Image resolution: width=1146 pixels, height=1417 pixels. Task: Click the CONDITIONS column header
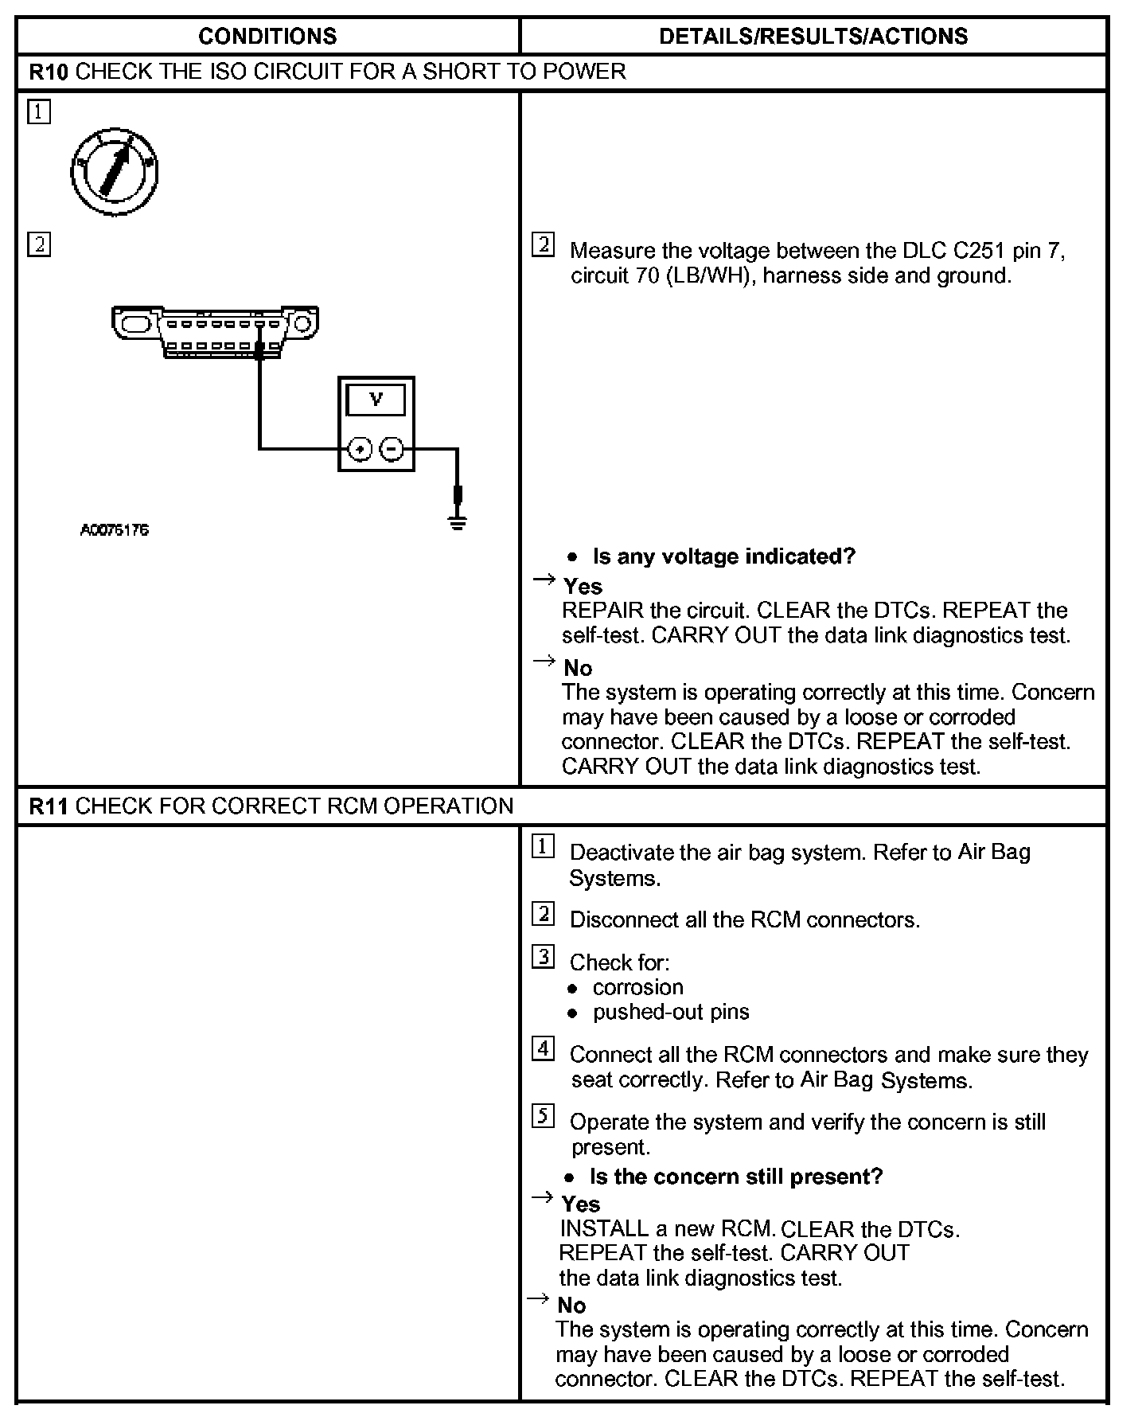[267, 36]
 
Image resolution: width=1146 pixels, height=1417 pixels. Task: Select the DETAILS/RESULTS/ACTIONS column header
[813, 36]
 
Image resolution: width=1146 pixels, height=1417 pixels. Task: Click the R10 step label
[49, 72]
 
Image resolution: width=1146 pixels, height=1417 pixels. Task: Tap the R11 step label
[49, 806]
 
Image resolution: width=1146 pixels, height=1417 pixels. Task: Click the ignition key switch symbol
[115, 171]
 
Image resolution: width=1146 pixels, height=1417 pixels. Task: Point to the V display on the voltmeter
[376, 400]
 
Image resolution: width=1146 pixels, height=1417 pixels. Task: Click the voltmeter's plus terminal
[361, 450]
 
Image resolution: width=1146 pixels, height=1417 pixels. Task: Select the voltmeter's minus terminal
[392, 450]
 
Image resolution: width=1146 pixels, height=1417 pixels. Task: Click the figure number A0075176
[115, 529]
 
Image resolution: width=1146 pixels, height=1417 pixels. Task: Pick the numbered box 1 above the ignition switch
[38, 111]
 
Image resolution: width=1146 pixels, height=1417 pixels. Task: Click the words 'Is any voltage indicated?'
[723, 556]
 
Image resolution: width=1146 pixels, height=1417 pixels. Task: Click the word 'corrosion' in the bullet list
[637, 987]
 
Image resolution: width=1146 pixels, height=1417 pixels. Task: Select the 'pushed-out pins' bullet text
[671, 1012]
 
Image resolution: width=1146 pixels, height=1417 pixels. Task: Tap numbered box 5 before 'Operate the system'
[543, 1116]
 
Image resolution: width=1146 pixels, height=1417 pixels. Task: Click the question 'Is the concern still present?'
[736, 1177]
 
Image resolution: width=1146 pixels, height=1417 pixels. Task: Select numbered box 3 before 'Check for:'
[543, 956]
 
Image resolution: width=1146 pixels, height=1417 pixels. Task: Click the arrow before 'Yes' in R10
[544, 580]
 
